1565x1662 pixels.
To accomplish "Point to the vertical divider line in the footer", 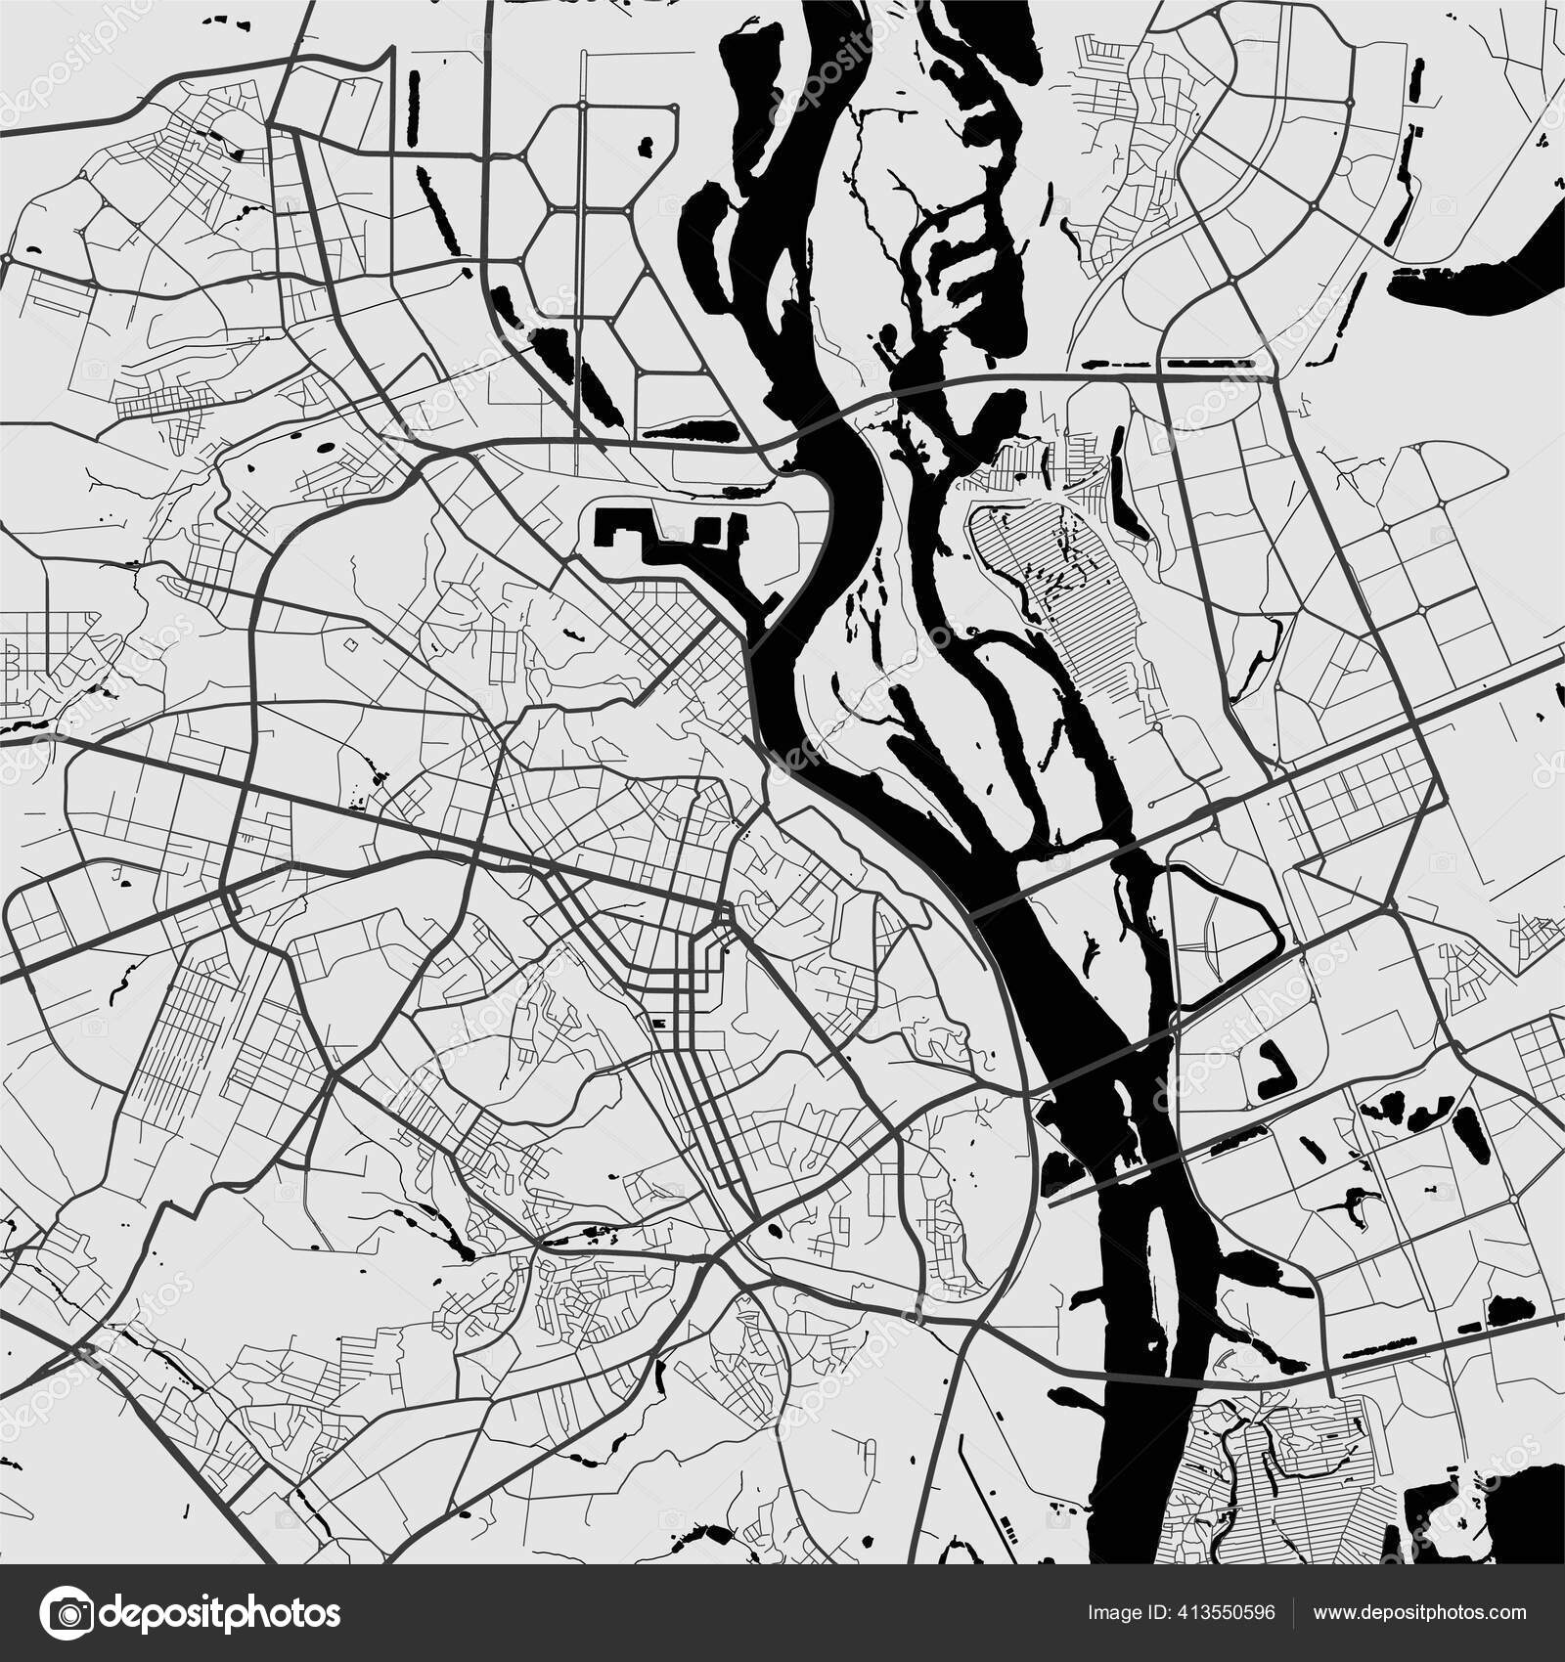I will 1295,1612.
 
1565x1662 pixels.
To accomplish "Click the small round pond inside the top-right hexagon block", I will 646,148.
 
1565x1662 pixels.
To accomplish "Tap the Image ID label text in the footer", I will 1125,1612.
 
